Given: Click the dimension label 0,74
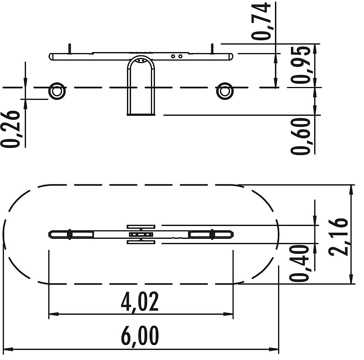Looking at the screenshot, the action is point(261,21).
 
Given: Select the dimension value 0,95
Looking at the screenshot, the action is point(301,65).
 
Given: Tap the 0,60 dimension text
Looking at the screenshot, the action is point(301,136).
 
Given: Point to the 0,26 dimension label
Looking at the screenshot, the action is point(10,129).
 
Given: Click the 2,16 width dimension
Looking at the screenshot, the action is point(338,237).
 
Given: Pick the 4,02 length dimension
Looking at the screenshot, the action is point(140,302).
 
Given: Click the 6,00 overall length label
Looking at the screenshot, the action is point(140,336).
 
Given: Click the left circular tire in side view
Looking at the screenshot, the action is point(57,91).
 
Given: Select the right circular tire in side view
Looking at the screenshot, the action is point(224,91).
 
